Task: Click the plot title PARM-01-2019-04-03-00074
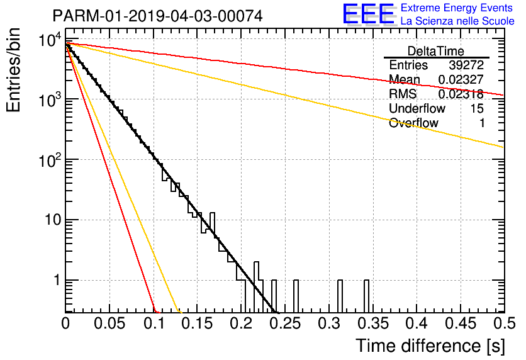point(158,16)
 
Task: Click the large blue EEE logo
point(369,14)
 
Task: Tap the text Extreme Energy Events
point(457,8)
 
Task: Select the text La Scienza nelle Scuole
point(457,21)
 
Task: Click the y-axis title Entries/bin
point(13,70)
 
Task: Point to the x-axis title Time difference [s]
point(430,346)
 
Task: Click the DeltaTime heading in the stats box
point(436,51)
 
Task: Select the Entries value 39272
point(466,65)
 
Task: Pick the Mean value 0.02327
point(461,79)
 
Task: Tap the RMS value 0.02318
point(461,94)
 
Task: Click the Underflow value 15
point(477,108)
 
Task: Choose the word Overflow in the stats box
point(413,123)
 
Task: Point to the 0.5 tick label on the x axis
point(505,323)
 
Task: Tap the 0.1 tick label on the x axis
point(154,323)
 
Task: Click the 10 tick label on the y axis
point(52,220)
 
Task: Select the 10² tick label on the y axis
point(50,160)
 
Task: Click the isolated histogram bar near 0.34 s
point(367,296)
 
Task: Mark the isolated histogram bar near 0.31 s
point(340,296)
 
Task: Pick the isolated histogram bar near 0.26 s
point(296,296)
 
